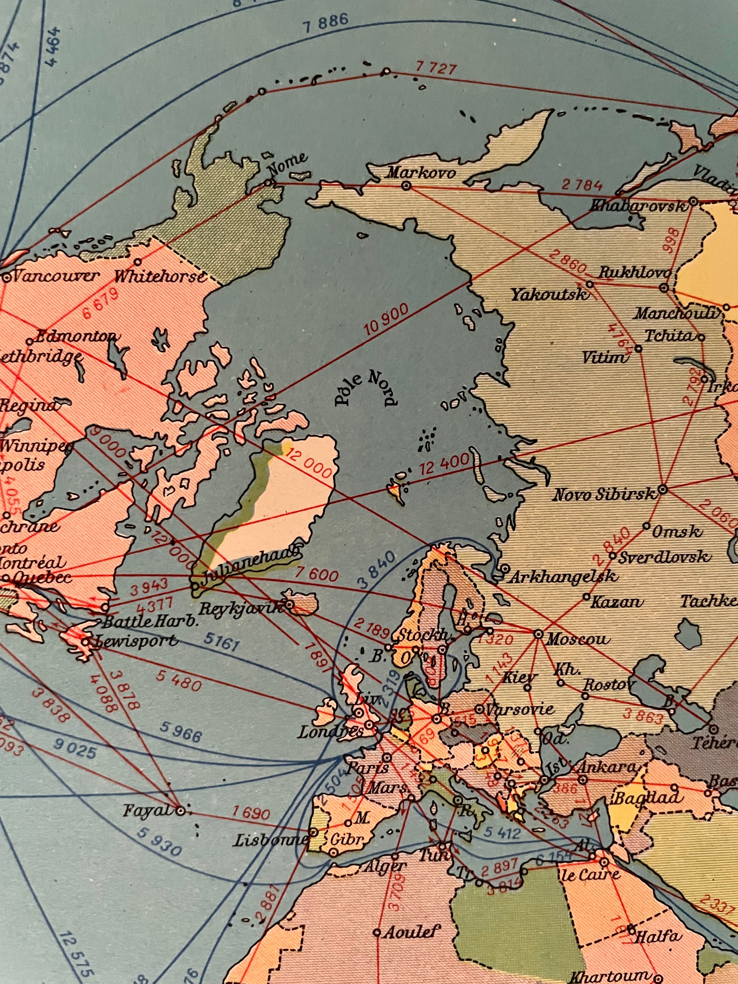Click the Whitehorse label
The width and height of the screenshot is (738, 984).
160,277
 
